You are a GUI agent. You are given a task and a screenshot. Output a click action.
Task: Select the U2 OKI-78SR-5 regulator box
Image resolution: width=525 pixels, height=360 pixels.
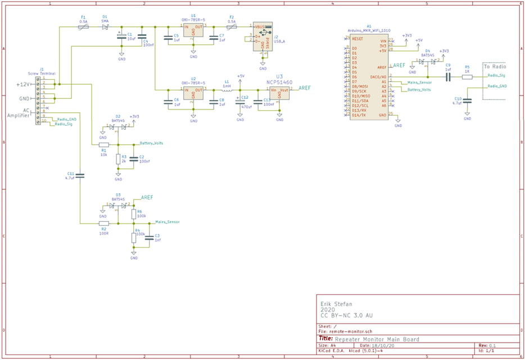coord(193,94)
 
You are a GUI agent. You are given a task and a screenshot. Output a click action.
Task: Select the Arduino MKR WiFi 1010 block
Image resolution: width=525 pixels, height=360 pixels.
coord(369,76)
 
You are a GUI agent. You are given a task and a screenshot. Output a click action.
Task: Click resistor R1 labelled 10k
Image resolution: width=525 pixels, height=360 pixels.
coord(103,145)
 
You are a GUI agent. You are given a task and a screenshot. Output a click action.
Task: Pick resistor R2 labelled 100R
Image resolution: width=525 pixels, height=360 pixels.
coord(103,223)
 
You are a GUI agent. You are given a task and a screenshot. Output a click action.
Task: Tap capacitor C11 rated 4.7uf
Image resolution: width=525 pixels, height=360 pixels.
coord(80,176)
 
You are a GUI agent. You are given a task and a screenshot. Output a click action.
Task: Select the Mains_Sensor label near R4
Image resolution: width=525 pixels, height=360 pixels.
coord(168,222)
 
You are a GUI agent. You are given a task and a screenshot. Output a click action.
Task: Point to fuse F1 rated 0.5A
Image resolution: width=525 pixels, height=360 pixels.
coord(83,27)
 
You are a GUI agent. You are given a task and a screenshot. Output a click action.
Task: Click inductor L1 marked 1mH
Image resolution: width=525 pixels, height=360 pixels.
coord(227,90)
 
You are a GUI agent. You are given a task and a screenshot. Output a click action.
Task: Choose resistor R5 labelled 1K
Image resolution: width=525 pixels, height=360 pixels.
coord(467,78)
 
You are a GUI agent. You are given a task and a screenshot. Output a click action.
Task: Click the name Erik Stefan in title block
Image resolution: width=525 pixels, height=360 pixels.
coord(337,304)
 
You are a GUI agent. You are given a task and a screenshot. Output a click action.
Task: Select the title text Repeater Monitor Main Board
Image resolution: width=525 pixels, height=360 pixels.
coord(377,339)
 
